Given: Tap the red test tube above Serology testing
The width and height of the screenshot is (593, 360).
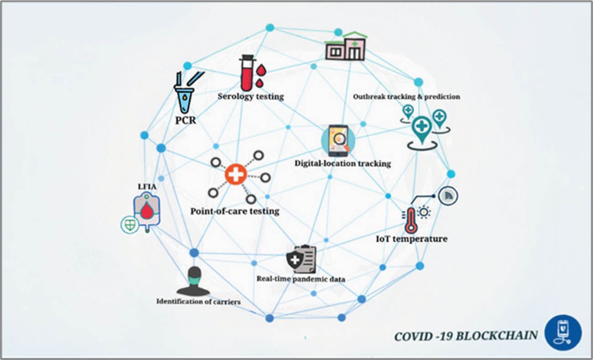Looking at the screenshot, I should pyautogui.click(x=246, y=74).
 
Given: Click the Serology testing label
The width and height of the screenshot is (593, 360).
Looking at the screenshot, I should pyautogui.click(x=250, y=97).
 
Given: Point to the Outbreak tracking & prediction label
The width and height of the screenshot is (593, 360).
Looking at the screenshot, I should pyautogui.click(x=406, y=97).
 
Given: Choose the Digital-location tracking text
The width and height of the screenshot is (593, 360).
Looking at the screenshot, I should pyautogui.click(x=343, y=163).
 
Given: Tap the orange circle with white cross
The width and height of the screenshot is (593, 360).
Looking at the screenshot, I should pyautogui.click(x=236, y=174).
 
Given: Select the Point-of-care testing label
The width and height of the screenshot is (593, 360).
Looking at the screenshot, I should pyautogui.click(x=235, y=212).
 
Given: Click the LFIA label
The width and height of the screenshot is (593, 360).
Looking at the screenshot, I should pyautogui.click(x=146, y=187).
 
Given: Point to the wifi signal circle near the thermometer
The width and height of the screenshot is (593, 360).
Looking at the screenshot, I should pyautogui.click(x=447, y=196).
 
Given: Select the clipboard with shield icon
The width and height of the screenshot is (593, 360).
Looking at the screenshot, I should pyautogui.click(x=301, y=260).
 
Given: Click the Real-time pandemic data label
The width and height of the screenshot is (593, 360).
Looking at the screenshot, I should pyautogui.click(x=301, y=279).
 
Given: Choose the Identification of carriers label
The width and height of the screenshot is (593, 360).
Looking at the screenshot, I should pyautogui.click(x=198, y=301).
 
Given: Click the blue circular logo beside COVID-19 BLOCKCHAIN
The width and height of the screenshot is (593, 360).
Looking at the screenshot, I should pyautogui.click(x=563, y=333).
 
